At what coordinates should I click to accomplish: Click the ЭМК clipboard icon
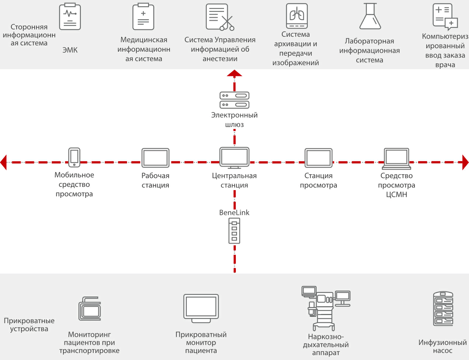(70, 17)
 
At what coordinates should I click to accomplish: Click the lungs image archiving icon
(297, 16)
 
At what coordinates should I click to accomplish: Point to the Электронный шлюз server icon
(234, 100)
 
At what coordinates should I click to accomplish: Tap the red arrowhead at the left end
(4, 162)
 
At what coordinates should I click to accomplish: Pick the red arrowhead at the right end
(465, 162)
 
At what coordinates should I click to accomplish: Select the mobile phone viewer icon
(74, 158)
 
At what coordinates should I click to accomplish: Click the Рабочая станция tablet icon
(155, 158)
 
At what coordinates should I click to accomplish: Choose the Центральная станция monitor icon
(234, 158)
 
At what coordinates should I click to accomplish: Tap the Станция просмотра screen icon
(319, 158)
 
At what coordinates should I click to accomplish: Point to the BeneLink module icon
(234, 231)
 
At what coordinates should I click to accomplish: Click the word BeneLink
(234, 213)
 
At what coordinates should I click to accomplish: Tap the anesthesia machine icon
(325, 308)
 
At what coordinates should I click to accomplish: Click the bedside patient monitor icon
(201, 308)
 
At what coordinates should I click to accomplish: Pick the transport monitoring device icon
(90, 309)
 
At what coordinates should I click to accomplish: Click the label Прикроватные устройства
(29, 325)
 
